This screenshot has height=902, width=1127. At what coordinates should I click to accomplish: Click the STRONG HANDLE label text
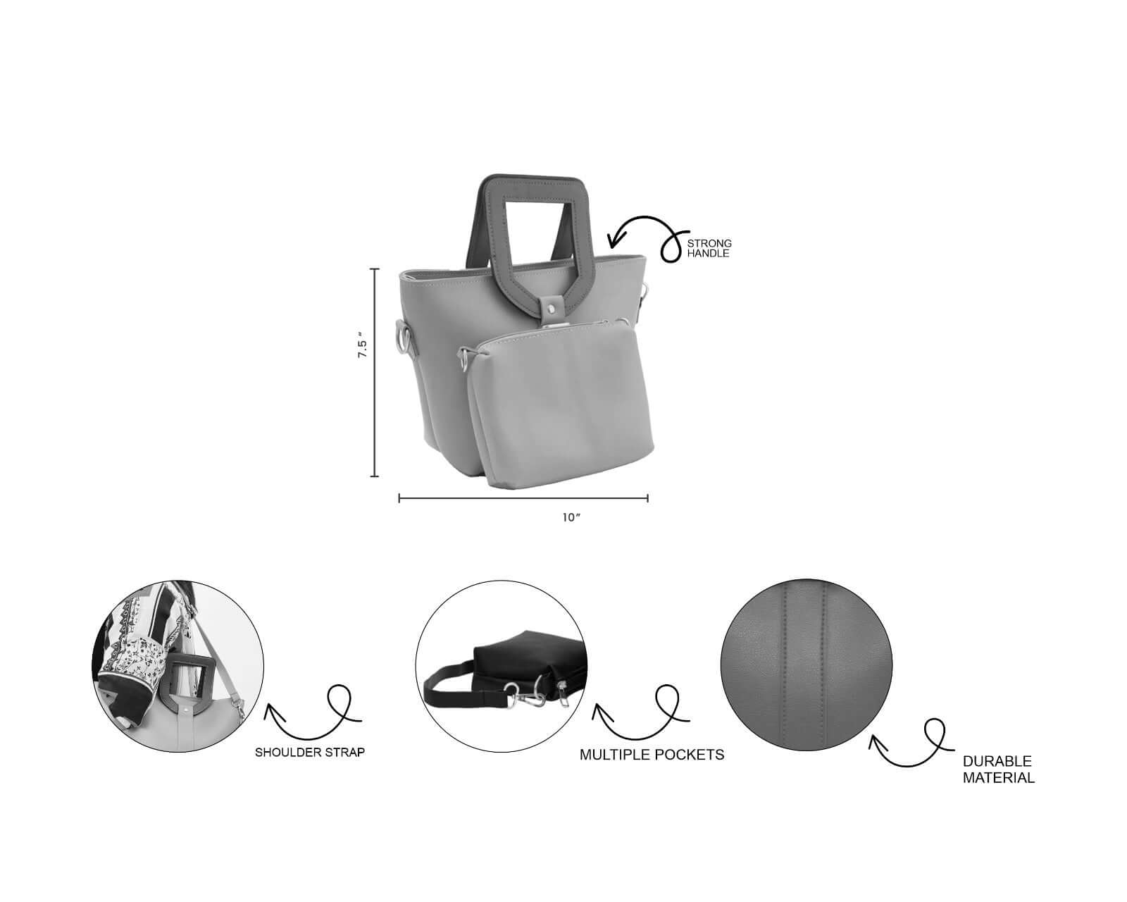pyautogui.click(x=709, y=248)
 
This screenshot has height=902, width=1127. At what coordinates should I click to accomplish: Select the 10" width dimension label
pyautogui.click(x=571, y=518)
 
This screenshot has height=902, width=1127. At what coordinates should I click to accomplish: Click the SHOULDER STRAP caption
pyautogui.click(x=310, y=753)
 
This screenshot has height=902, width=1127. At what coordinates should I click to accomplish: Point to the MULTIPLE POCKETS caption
pyautogui.click(x=652, y=755)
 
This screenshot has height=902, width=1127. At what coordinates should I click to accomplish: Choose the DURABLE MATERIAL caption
pyautogui.click(x=998, y=770)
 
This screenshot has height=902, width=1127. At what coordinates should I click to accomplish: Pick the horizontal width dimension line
pyautogui.click(x=523, y=498)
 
